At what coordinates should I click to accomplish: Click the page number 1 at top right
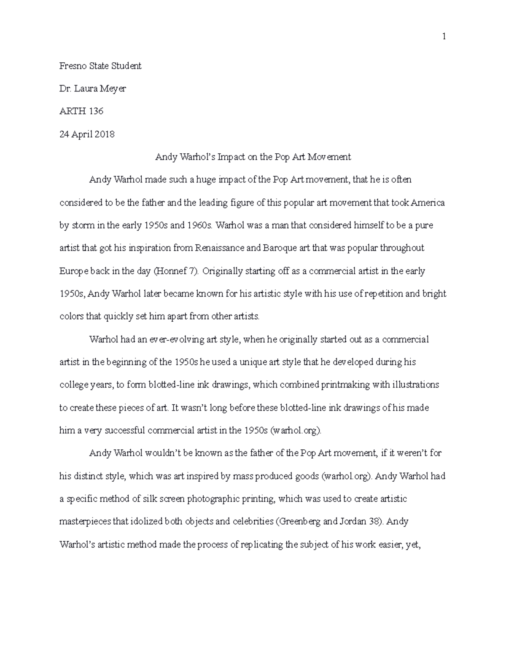(x=444, y=37)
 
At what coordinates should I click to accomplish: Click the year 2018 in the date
(x=104, y=134)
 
